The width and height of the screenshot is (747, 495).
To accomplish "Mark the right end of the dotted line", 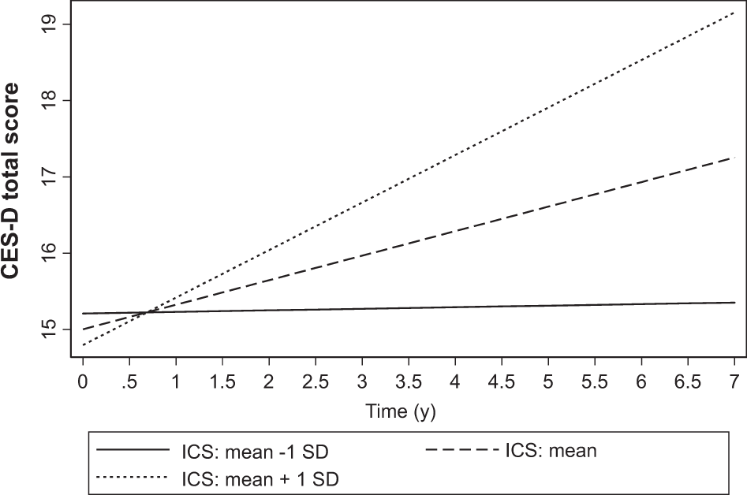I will tap(734, 14).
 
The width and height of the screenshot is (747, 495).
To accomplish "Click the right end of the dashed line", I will tap(734, 158).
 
